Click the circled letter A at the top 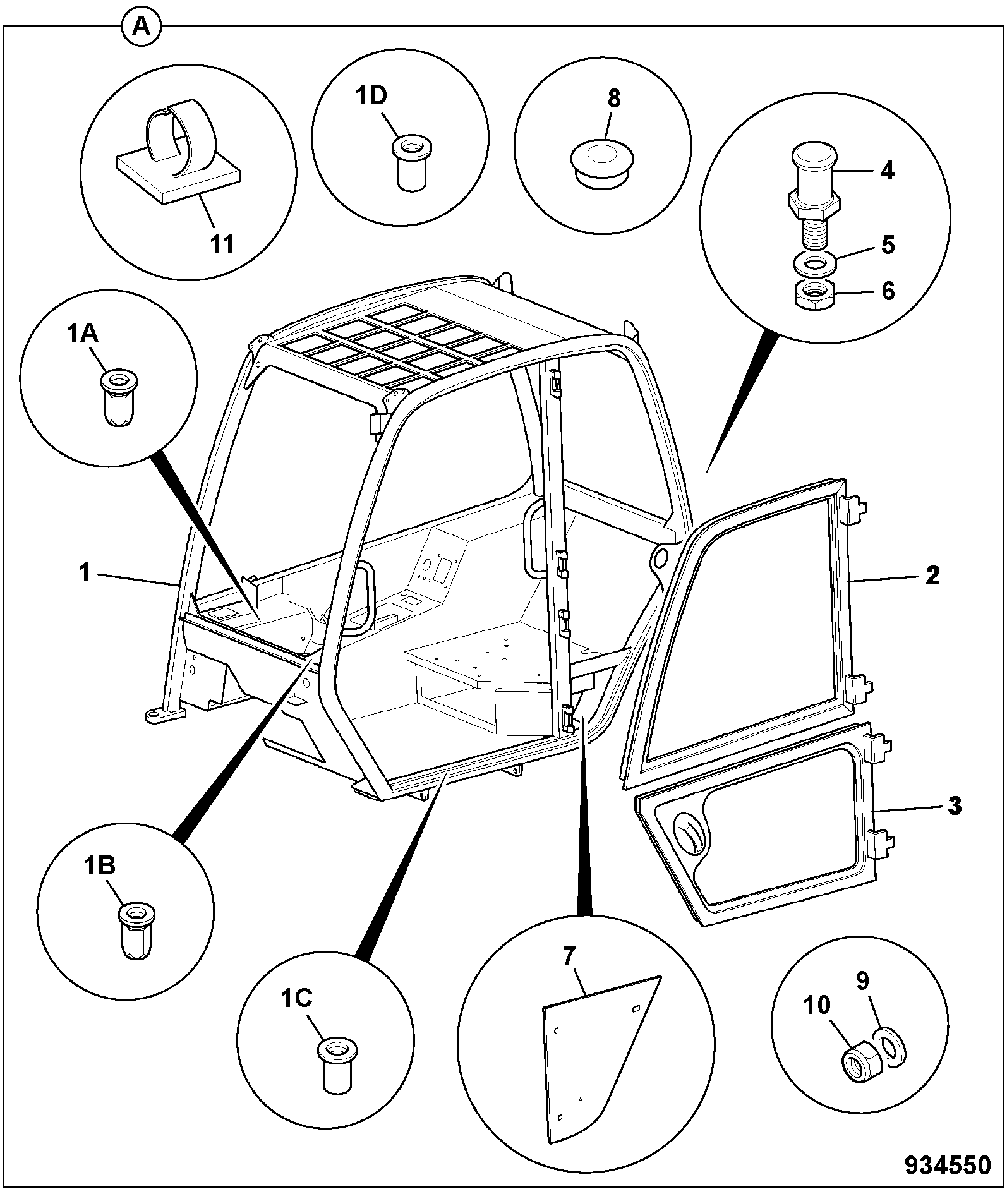click(x=142, y=27)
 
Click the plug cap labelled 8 click(x=603, y=162)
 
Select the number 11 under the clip click(x=222, y=244)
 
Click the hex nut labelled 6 click(x=814, y=294)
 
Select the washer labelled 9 click(x=889, y=1046)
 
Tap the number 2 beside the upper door click(x=932, y=576)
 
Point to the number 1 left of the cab click(x=84, y=573)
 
